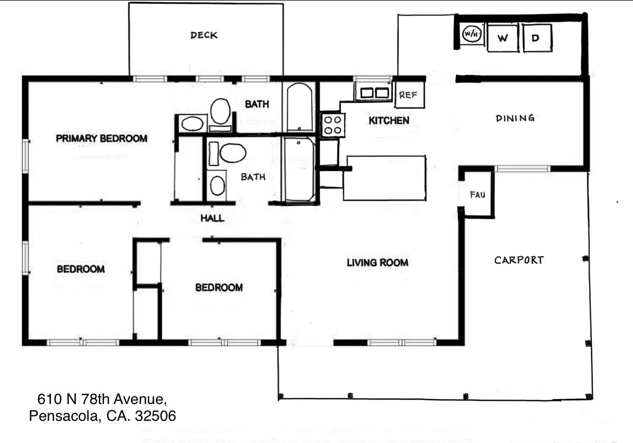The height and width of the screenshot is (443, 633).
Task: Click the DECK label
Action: [x=204, y=35]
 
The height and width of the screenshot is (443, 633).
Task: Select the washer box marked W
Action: [x=503, y=38]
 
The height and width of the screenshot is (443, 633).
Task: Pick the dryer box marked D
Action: [x=537, y=38]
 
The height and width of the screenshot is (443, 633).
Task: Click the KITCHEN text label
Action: [x=388, y=120]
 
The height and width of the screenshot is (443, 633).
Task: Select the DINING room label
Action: [x=515, y=118]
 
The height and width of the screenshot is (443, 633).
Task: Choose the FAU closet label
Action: [x=477, y=195]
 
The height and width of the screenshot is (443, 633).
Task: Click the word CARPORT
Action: [x=519, y=260]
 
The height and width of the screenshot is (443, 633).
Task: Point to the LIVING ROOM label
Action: [x=377, y=263]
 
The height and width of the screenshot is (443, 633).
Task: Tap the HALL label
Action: [x=212, y=219]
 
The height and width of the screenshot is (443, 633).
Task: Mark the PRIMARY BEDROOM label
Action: [x=101, y=139]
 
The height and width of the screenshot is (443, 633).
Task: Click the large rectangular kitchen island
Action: [x=384, y=178]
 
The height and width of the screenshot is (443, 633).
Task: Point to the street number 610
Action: [x=48, y=400]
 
